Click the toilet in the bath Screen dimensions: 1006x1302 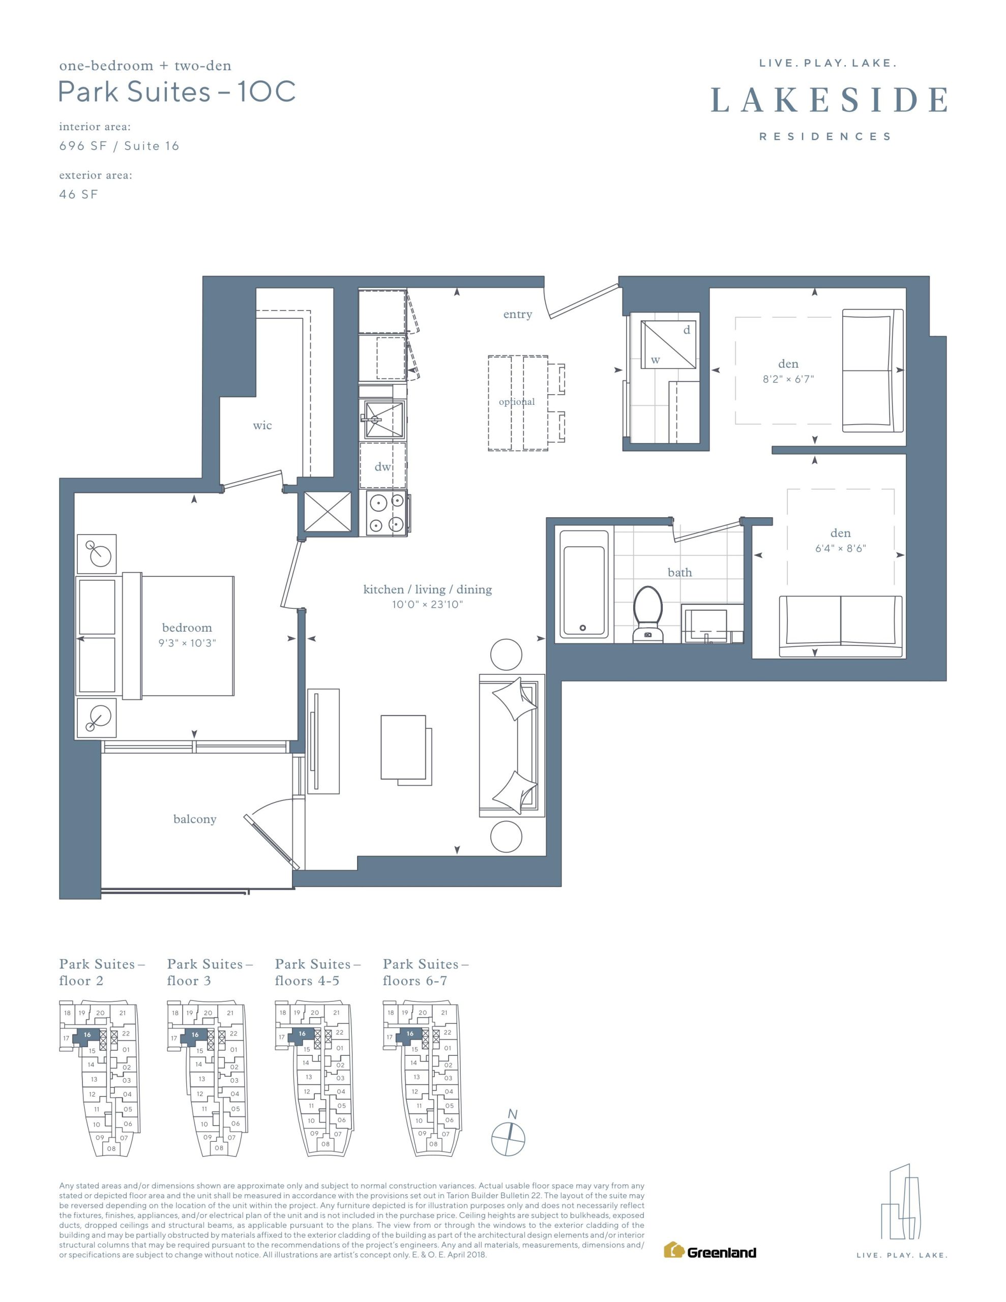click(647, 614)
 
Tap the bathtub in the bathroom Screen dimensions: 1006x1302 click(583, 584)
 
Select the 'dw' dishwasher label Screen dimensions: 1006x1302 click(382, 467)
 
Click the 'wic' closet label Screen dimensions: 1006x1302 click(262, 425)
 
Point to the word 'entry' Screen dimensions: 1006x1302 click(518, 314)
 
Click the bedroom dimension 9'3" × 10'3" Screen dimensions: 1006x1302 click(187, 643)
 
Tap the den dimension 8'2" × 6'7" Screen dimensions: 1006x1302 click(788, 378)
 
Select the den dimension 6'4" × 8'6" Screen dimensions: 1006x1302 click(840, 548)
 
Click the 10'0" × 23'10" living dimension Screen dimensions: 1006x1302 click(428, 605)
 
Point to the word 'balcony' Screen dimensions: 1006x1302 click(195, 819)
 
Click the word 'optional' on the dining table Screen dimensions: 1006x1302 click(517, 402)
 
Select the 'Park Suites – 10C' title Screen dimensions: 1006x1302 click(177, 92)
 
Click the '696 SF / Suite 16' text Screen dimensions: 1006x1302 click(119, 146)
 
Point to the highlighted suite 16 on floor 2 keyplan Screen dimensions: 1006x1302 click(87, 1035)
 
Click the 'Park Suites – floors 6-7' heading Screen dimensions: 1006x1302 click(426, 972)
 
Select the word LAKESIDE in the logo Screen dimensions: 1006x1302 click(829, 100)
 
